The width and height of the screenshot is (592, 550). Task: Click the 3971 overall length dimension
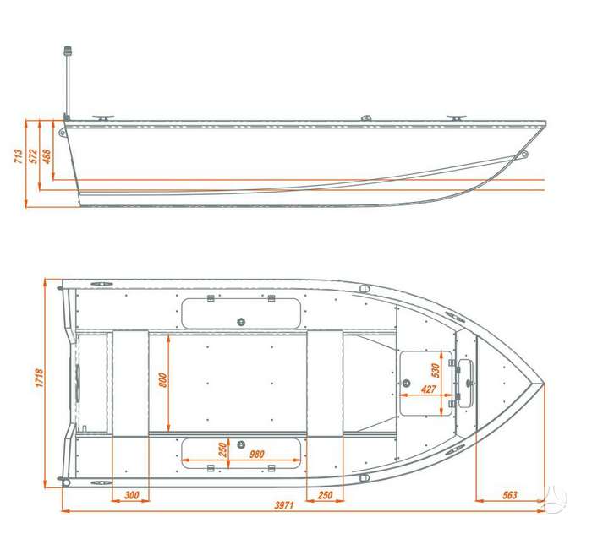click(x=284, y=505)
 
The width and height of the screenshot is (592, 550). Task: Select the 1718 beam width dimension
click(x=39, y=378)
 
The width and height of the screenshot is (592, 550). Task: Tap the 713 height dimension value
click(x=18, y=156)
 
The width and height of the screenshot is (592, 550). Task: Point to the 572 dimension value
click(x=34, y=156)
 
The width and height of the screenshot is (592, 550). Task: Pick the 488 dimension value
click(x=46, y=156)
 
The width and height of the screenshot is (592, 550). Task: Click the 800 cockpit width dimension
click(x=162, y=380)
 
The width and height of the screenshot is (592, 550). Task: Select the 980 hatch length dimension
click(x=257, y=455)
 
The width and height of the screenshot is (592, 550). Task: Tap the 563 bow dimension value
click(x=510, y=495)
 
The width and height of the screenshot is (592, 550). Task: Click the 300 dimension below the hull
click(x=132, y=495)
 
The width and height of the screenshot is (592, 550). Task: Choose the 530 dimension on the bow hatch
click(x=436, y=370)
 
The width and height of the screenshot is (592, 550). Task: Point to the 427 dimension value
click(x=429, y=389)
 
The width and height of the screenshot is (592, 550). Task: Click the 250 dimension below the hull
click(x=326, y=495)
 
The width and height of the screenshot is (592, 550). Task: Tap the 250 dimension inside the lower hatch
click(x=222, y=449)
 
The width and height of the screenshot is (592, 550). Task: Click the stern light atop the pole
click(x=68, y=52)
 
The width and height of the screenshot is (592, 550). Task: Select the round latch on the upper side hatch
click(x=241, y=322)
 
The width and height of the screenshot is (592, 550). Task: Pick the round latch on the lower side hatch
click(x=241, y=444)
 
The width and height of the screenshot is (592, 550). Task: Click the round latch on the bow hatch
click(x=407, y=383)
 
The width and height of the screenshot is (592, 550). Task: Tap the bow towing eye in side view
click(x=523, y=154)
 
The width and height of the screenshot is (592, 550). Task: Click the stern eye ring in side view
click(x=62, y=132)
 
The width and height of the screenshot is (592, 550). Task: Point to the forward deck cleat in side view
click(x=457, y=118)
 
